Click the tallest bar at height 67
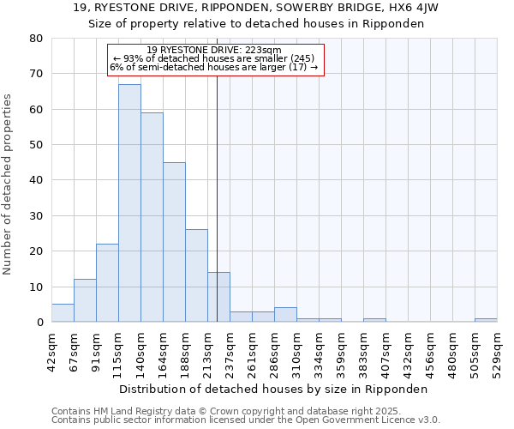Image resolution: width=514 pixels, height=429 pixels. click(129, 203)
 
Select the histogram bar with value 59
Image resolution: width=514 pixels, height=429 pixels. click(152, 217)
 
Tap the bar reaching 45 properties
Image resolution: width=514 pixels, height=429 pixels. click(174, 242)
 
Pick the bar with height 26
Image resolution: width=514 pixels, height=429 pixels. click(196, 275)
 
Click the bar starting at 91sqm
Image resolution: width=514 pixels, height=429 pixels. click(107, 283)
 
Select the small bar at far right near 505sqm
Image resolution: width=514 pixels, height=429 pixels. click(486, 320)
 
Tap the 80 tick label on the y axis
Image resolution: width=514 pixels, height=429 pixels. click(35, 39)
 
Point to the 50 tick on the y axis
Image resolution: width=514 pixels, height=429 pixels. click(35, 145)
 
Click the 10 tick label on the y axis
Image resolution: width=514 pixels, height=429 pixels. click(35, 287)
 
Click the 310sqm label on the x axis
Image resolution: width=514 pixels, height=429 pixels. click(296, 350)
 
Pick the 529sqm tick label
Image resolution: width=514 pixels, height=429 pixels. click(497, 350)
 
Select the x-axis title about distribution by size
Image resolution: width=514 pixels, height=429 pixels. click(273, 389)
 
